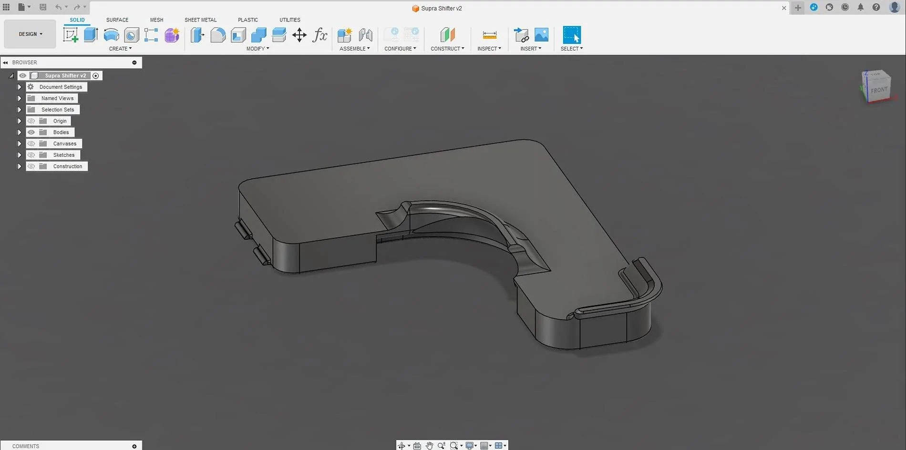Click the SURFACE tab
point(117,20)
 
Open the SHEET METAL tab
point(200,20)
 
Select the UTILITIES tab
point(290,20)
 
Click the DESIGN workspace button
point(30,34)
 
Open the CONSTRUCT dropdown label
point(447,49)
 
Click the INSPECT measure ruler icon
point(490,35)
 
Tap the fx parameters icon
point(320,35)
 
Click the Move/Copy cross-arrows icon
point(299,35)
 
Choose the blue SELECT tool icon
point(572,35)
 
